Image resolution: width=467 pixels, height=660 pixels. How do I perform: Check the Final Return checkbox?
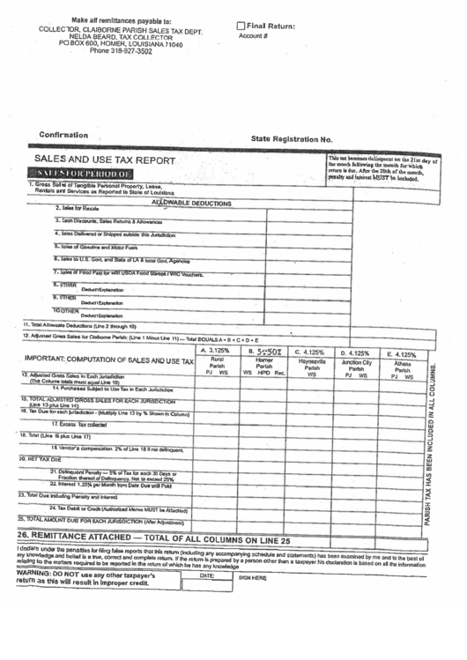click(x=241, y=27)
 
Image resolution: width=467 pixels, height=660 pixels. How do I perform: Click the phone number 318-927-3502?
click(x=132, y=50)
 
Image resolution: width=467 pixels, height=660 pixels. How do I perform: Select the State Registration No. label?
click(x=292, y=139)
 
